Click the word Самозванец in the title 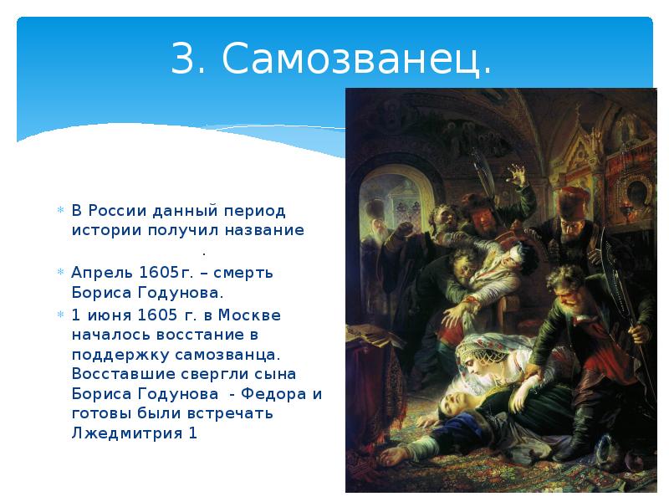coord(356,59)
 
